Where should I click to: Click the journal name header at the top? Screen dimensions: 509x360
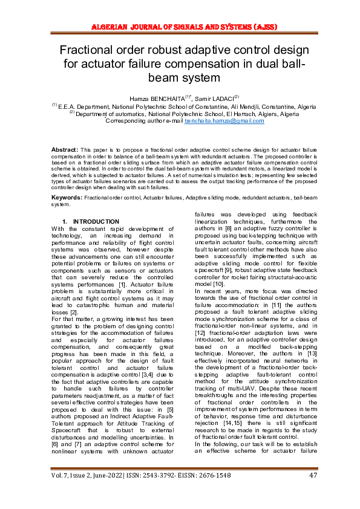180,27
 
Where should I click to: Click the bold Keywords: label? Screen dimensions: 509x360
67,198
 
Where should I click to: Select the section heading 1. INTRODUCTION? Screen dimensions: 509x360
91,222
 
